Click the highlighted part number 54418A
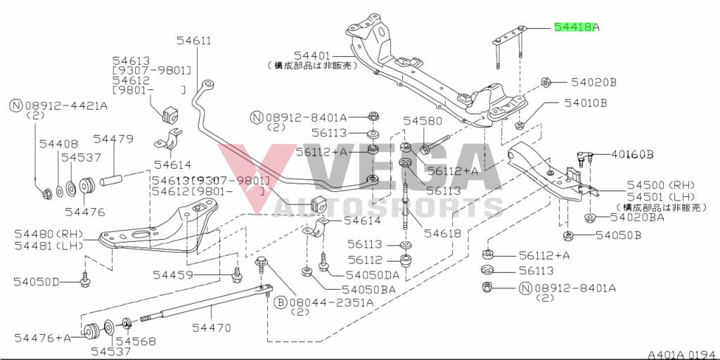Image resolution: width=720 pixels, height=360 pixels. click(x=576, y=27)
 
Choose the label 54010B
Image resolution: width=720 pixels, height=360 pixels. click(x=585, y=103)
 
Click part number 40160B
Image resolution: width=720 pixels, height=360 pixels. click(x=632, y=154)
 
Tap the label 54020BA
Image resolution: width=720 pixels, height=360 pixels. click(x=639, y=217)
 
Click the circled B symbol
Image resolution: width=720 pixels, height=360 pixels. click(x=279, y=303)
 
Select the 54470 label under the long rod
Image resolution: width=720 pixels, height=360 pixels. click(x=212, y=327)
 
